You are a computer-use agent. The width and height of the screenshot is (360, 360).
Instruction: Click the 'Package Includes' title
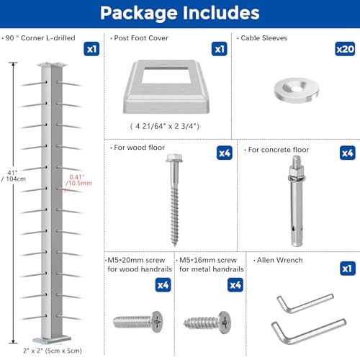(x=179, y=13)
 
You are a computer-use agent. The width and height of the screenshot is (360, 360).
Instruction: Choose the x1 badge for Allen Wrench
(x=347, y=267)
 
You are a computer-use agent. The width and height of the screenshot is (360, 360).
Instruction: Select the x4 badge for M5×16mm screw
(x=234, y=285)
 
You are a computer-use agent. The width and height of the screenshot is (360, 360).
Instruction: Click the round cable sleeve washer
(x=293, y=89)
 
